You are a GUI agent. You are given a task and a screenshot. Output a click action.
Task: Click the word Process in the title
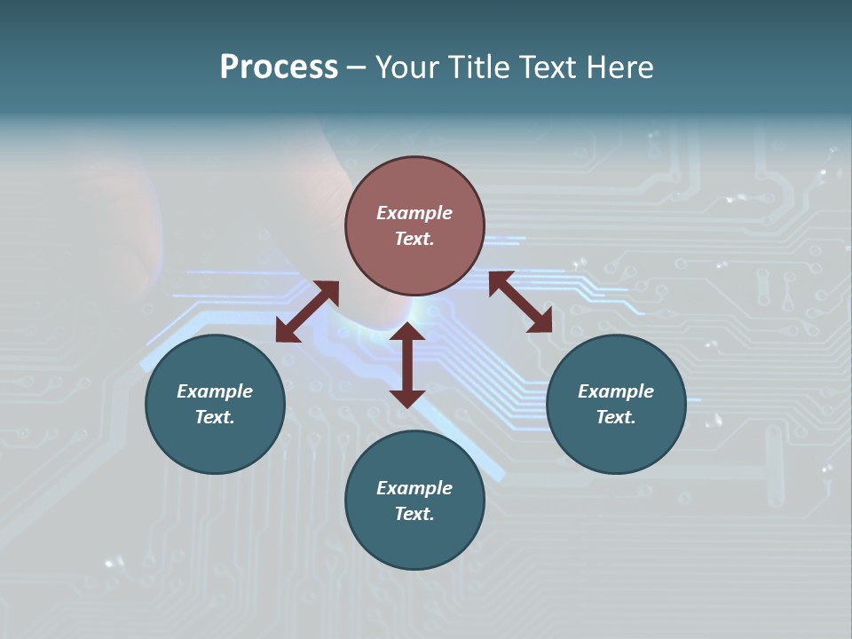pos(279,67)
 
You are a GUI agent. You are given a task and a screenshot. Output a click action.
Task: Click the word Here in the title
pos(620,67)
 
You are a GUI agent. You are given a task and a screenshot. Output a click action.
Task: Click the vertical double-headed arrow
pos(407,365)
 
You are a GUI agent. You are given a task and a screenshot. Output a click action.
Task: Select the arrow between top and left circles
pos(307,312)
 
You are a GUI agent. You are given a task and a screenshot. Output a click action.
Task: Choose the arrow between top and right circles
pos(520,302)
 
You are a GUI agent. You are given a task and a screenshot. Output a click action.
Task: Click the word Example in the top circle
pos(414,213)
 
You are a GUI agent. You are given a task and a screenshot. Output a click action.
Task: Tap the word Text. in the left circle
pos(215,417)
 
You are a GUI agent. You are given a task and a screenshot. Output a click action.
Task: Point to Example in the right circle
pos(616,391)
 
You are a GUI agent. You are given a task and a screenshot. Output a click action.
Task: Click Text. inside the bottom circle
pos(414,514)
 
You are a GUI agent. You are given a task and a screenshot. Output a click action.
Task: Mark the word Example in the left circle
pos(215,391)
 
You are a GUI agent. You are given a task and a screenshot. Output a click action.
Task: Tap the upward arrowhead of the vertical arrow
pos(407,332)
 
